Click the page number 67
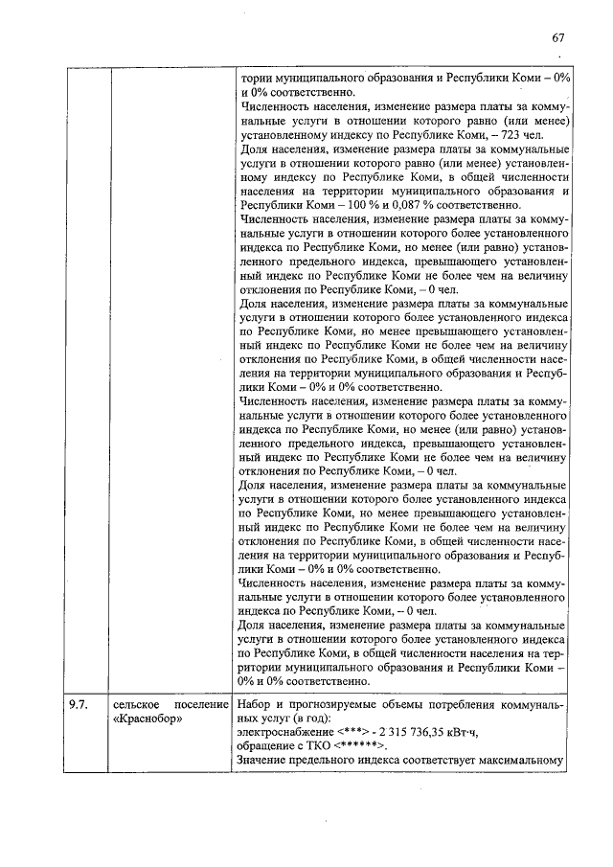[558, 38]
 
